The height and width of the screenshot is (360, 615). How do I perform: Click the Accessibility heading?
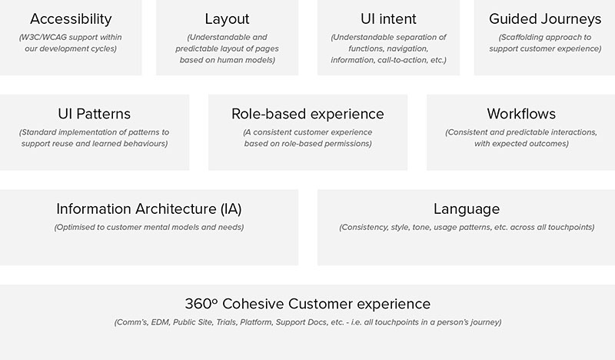71,19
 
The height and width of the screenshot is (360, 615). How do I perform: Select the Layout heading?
227,19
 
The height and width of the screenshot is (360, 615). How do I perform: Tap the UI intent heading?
388,18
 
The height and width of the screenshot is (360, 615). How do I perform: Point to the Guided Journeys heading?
545,19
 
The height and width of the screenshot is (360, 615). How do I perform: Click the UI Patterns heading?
94,114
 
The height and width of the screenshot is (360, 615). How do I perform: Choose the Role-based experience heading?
308,115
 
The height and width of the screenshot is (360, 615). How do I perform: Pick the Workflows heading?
521,114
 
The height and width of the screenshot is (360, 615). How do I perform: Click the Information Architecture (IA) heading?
149,209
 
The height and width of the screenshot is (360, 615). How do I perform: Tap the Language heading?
467,209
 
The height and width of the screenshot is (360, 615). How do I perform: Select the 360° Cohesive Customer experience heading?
308,304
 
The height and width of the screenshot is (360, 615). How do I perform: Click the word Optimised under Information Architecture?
73,227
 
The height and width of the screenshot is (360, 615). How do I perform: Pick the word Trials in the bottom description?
226,322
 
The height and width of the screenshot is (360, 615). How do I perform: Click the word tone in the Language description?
421,227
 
